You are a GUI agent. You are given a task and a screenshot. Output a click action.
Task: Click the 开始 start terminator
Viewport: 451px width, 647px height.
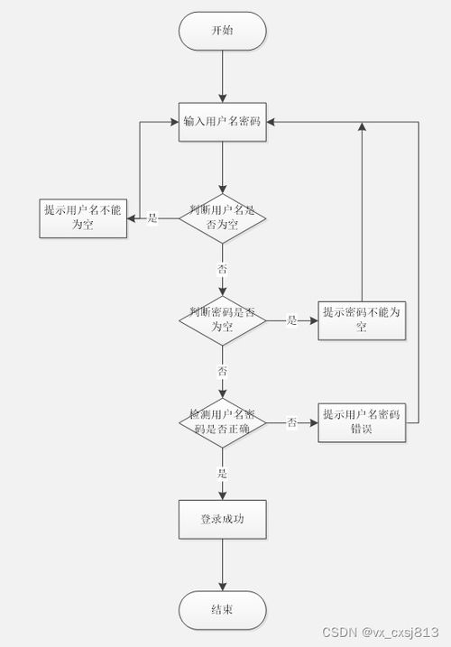[x=222, y=31]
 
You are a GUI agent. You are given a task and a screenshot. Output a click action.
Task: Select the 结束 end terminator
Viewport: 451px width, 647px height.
[x=222, y=610]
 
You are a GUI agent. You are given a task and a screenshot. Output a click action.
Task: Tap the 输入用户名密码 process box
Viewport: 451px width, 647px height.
[x=222, y=122]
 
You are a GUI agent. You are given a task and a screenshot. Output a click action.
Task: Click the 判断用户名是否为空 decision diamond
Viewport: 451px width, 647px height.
[x=222, y=217]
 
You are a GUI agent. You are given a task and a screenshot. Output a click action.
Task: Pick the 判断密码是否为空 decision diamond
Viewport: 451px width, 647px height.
[x=222, y=319]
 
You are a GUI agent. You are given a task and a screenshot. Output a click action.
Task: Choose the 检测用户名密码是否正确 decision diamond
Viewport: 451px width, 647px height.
[x=222, y=421]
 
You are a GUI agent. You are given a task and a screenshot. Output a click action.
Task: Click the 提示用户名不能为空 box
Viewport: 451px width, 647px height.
[x=82, y=217]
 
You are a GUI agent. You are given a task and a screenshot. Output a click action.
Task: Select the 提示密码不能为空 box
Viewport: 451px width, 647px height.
[x=362, y=319]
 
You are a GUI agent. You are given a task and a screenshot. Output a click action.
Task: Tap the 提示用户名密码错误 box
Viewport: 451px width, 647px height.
[x=362, y=421]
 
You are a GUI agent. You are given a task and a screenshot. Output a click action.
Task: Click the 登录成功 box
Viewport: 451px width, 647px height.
[x=222, y=520]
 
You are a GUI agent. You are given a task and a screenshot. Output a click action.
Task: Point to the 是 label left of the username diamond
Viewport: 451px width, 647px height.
[x=152, y=218]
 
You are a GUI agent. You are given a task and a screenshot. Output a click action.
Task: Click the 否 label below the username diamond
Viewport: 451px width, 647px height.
[x=222, y=269]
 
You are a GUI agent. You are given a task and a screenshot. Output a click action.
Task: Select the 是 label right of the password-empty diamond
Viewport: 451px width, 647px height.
[x=291, y=320]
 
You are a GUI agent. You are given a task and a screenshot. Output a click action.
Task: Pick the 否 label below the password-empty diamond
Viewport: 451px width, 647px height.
[x=222, y=371]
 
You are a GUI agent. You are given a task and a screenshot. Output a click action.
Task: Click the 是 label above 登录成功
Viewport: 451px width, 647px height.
[x=222, y=473]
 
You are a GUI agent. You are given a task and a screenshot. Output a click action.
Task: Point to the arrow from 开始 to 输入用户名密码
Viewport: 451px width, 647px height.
[x=222, y=76]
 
